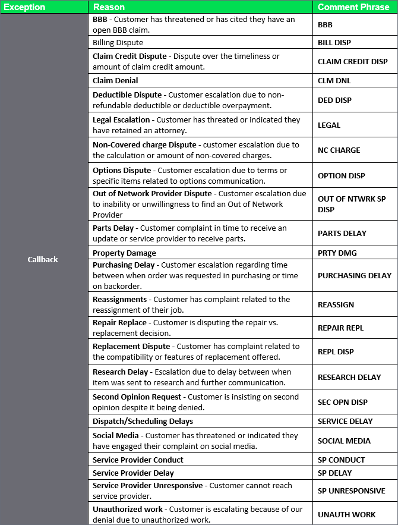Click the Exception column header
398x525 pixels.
coord(25,7)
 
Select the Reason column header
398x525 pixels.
coord(109,7)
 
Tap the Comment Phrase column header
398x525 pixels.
coord(353,7)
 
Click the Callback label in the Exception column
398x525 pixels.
coord(43,259)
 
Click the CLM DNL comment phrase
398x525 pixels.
coord(335,80)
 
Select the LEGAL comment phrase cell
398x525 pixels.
coord(329,125)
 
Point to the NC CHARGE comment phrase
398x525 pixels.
coord(339,150)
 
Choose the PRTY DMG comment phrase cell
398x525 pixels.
coord(337,253)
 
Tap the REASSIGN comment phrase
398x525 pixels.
coord(336,304)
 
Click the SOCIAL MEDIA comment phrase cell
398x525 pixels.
coord(344,441)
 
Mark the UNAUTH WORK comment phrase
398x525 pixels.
coord(347,514)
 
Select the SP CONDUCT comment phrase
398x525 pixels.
coord(342,460)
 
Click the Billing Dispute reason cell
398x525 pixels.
coord(118,43)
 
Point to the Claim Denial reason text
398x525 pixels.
coord(115,80)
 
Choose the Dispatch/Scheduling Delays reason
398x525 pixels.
coord(143,421)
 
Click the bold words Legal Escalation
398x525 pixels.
coord(121,120)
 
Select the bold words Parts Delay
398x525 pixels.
coord(113,228)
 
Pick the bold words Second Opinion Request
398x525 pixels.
coord(137,397)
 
